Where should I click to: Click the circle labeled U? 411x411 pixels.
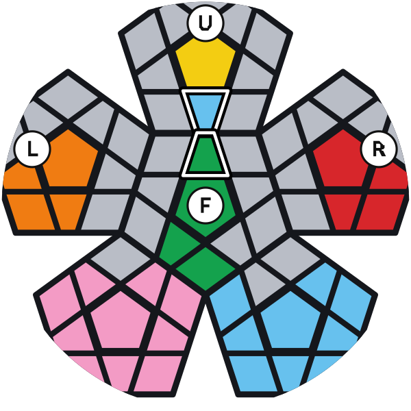pos(206,23)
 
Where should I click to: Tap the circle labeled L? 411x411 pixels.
pos(32,149)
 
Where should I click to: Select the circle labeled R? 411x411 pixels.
pos(378,149)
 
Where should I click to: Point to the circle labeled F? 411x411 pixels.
pos(206,206)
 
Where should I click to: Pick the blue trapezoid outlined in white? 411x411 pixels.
pos(206,111)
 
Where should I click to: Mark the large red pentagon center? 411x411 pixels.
pos(340,160)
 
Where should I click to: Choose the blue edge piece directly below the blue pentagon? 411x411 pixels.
pos(290,372)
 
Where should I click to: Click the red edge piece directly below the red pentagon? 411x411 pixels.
pos(343,212)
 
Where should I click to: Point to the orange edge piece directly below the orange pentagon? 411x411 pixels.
pos(68,212)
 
